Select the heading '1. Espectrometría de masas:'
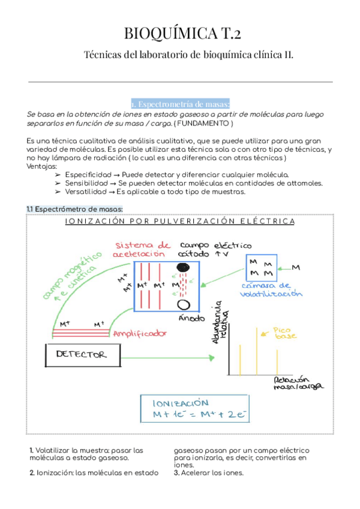point(180,103)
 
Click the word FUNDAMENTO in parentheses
point(203,122)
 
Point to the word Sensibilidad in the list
point(88,182)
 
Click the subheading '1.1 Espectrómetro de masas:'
point(74,208)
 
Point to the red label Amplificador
point(139,333)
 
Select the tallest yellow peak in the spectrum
point(260,351)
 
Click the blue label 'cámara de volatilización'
point(271,289)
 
